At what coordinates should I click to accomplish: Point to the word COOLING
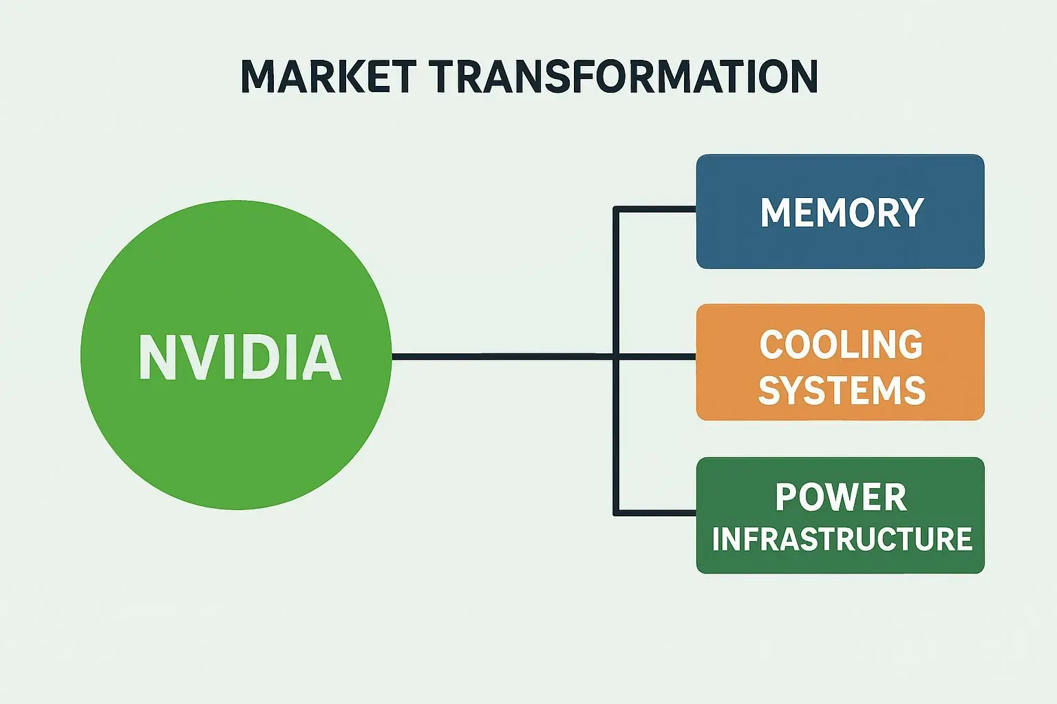[841, 344]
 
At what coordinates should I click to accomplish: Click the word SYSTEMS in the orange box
[842, 390]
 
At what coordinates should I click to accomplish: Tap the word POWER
[841, 497]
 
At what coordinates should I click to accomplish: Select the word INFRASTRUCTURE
[842, 539]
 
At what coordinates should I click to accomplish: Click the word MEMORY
[842, 212]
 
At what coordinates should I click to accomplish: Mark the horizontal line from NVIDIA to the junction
[502, 356]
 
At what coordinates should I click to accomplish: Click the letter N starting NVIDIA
[154, 357]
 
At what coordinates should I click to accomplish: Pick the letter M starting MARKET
[260, 76]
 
